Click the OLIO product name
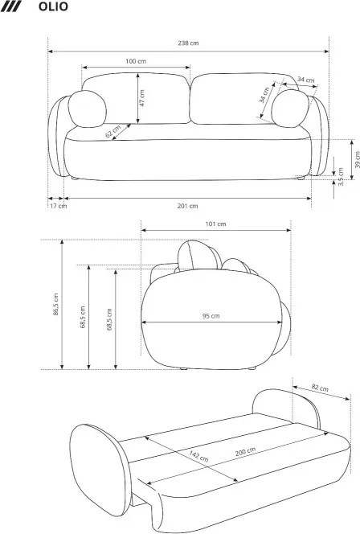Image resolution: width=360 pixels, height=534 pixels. coord(53,6)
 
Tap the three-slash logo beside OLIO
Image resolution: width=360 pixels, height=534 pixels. coord(11,6)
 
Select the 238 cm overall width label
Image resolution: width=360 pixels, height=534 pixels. coord(188,43)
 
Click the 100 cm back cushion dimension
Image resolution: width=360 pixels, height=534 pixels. coord(136,61)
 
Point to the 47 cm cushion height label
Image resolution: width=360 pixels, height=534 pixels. coord(142,98)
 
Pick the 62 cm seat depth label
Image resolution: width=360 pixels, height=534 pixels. coord(113,131)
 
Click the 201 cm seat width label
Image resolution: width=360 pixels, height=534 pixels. coord(187,206)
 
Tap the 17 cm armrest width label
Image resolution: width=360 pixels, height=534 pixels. coord(59,206)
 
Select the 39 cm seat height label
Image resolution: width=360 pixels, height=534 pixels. coord(357,159)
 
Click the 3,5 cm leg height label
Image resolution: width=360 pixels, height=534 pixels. coord(341,176)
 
